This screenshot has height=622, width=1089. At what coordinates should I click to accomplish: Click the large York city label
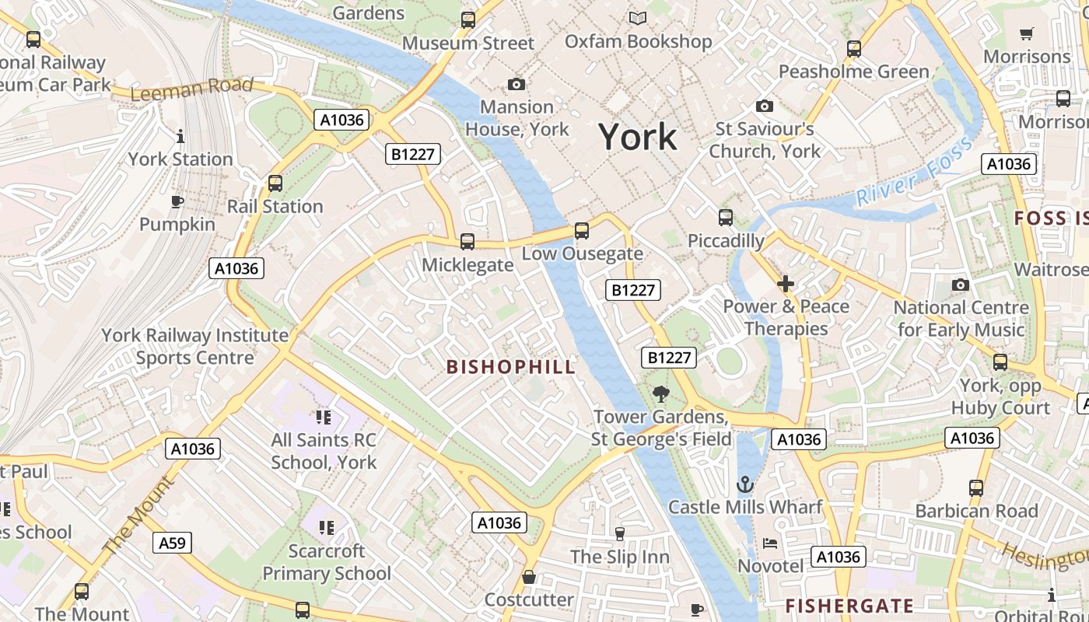[x=637, y=137]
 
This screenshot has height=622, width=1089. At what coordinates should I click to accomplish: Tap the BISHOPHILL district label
[x=511, y=367]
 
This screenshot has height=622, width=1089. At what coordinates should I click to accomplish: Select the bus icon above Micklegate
[x=467, y=242]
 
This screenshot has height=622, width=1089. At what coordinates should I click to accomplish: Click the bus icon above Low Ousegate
[x=582, y=231]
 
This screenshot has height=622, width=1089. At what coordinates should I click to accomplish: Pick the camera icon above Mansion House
[x=516, y=84]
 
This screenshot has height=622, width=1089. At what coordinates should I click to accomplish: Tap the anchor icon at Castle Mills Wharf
[x=745, y=484]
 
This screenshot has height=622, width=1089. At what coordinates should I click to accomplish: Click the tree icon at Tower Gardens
[x=661, y=394]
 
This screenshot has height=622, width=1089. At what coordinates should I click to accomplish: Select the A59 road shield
[x=172, y=543]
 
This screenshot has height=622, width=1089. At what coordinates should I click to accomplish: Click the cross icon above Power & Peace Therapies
[x=786, y=284]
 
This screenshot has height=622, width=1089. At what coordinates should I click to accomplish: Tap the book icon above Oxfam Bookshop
[x=638, y=18]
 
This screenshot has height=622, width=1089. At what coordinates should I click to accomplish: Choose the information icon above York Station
[x=180, y=137]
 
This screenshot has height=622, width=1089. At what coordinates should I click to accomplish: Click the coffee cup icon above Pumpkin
[x=177, y=202]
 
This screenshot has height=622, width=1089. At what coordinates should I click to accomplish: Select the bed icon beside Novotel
[x=769, y=543]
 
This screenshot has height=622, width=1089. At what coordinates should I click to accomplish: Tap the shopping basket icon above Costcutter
[x=529, y=577]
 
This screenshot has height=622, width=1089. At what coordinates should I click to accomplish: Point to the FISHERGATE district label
[x=849, y=606]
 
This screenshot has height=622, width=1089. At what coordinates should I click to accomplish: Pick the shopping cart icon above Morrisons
[x=1027, y=34]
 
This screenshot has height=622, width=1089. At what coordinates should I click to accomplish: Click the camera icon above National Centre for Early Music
[x=961, y=285]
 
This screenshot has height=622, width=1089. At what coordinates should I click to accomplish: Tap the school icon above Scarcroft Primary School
[x=327, y=529]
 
